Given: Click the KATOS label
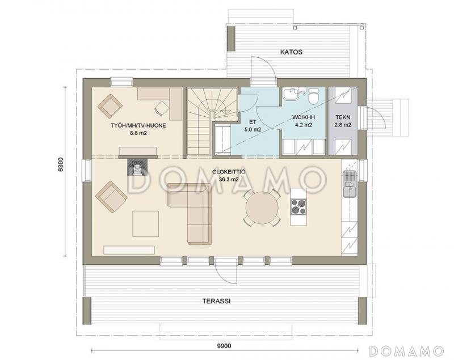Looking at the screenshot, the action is (x=291, y=52).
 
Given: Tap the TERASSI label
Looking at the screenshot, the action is (x=216, y=301).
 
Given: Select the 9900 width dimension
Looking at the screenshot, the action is (x=224, y=346).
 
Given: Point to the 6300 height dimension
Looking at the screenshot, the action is (x=61, y=165).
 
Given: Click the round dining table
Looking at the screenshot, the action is (x=262, y=207).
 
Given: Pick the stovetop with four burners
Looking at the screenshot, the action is (x=299, y=207).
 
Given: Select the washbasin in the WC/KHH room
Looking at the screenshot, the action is (x=291, y=94).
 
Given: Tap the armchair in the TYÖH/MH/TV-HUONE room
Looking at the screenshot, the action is (x=110, y=106).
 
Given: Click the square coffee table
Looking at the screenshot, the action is (x=146, y=224).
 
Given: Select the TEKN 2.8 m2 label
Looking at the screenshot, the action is (x=343, y=121).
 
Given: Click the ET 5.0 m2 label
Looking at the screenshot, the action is (x=253, y=126).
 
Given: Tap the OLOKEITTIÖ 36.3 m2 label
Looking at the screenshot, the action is (x=229, y=175).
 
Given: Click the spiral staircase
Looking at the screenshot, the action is (x=211, y=121).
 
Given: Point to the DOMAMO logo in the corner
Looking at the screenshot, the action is (x=406, y=350).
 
